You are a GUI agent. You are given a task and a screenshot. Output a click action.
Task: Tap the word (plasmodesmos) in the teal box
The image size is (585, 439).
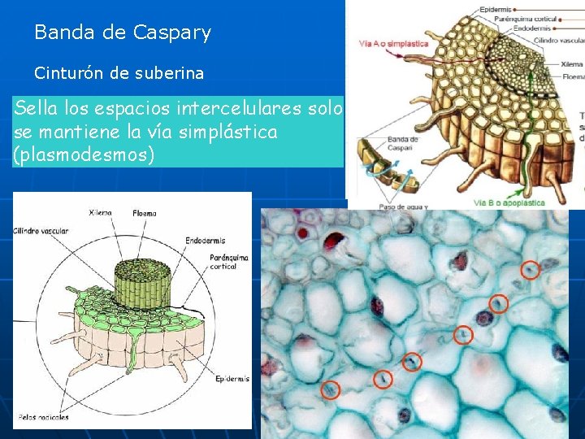(84, 154)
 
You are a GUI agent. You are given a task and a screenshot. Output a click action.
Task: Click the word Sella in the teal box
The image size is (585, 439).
(37, 109)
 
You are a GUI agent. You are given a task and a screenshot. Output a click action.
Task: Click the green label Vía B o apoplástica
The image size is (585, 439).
(509, 202)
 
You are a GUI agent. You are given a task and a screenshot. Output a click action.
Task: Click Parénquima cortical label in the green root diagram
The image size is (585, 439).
(228, 261)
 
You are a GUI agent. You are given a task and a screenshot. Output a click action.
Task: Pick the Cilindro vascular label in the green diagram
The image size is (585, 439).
(41, 230)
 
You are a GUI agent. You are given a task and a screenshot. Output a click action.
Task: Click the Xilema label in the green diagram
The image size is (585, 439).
(100, 213)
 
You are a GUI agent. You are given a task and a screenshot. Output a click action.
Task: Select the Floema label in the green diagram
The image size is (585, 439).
(145, 214)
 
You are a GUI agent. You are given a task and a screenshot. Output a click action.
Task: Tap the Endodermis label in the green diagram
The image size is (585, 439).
(206, 241)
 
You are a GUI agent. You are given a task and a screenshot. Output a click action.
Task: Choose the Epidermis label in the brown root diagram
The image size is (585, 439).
(495, 9)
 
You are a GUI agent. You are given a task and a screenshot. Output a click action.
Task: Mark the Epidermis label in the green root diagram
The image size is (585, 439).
(232, 379)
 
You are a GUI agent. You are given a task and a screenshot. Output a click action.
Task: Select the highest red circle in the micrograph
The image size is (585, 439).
(529, 270)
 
